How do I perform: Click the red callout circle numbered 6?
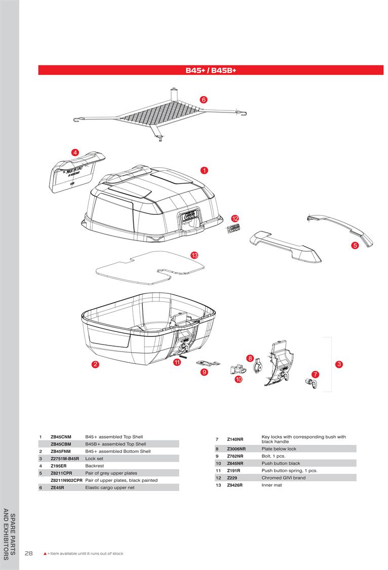(203, 100)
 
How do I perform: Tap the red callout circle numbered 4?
(75, 152)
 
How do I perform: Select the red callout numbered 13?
(194, 255)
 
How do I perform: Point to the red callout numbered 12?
(235, 218)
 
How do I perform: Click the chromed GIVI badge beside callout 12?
(234, 229)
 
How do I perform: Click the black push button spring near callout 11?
(184, 355)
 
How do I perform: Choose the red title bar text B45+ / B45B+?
(211, 70)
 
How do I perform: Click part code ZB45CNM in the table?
(61, 436)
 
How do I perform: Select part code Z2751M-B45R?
(65, 458)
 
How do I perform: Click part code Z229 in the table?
(232, 478)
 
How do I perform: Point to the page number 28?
(28, 553)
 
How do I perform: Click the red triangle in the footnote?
(45, 553)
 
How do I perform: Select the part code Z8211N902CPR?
(66, 480)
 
